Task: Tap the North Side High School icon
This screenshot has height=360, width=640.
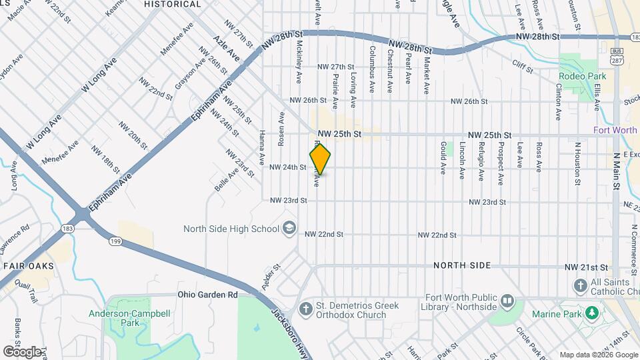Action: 289,229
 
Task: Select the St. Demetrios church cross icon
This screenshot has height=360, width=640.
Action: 305,309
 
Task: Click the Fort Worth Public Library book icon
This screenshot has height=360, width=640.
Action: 507,301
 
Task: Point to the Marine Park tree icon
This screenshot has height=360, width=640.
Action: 591,313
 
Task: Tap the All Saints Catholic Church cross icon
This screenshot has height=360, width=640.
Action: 580,286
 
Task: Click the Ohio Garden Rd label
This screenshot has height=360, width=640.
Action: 207,294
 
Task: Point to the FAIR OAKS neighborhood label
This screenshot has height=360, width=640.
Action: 27,265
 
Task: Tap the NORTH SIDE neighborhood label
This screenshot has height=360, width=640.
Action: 462,265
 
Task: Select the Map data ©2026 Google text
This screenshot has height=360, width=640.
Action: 597,355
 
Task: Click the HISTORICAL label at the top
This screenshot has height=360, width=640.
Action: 173,4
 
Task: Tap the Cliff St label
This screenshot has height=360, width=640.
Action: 523,66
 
